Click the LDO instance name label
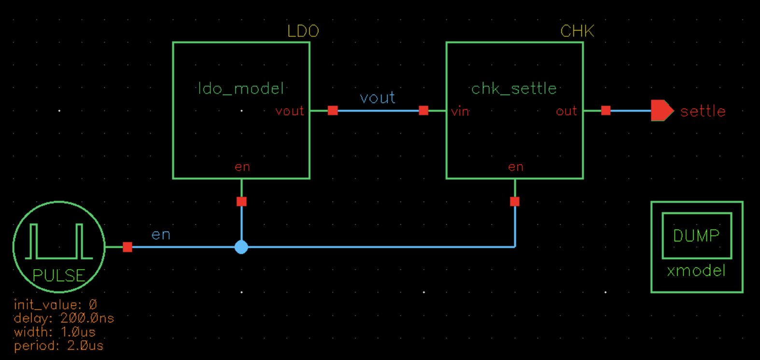(x=303, y=31)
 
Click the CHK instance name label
(x=577, y=31)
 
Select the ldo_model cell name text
(x=241, y=89)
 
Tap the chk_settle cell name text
(x=514, y=89)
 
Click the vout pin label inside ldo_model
(x=289, y=111)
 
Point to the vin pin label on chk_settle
(x=460, y=112)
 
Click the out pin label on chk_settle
(x=566, y=111)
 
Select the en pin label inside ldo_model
(x=242, y=167)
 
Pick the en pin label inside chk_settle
(x=516, y=167)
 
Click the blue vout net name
(x=377, y=98)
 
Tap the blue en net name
(x=161, y=235)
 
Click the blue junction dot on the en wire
(x=241, y=247)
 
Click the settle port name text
(x=703, y=111)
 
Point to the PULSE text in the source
(x=59, y=276)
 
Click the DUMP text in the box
(x=696, y=236)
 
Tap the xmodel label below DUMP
(x=696, y=271)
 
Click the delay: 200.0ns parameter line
(x=64, y=318)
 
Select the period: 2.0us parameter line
(x=58, y=346)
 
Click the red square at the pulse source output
(x=127, y=247)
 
